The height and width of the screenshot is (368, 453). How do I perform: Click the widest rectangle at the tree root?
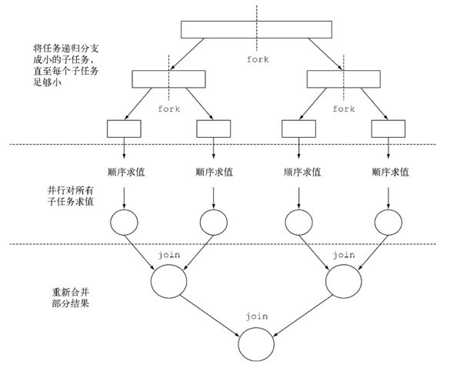pos(258,29)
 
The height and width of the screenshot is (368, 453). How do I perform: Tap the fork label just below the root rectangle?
pos(258,59)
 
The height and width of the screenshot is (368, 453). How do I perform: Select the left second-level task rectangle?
pos(169,78)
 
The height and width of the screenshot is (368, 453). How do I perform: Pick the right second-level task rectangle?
pos(344,78)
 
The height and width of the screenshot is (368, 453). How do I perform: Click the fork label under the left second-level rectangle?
pos(169,109)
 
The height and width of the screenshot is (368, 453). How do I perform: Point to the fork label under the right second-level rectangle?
pos(344,109)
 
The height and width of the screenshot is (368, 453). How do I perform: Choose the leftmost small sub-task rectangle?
pos(124,128)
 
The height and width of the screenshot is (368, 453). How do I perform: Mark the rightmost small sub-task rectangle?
pos(388,128)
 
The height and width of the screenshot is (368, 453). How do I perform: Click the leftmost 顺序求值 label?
pos(124,172)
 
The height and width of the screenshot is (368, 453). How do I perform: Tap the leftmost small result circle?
pos(124,222)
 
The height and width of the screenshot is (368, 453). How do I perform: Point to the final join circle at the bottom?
pos(256,344)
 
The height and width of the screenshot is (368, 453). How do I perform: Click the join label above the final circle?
pos(256,316)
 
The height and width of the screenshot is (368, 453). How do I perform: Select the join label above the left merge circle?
pos(169,253)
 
